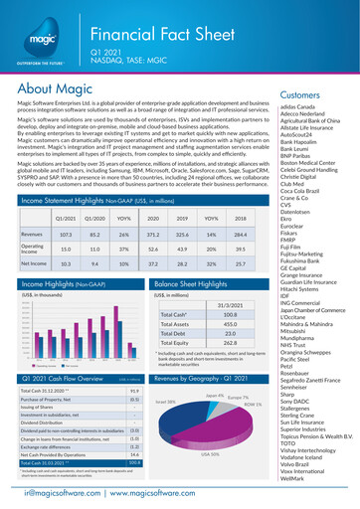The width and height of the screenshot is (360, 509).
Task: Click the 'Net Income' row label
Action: (x=33, y=265)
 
